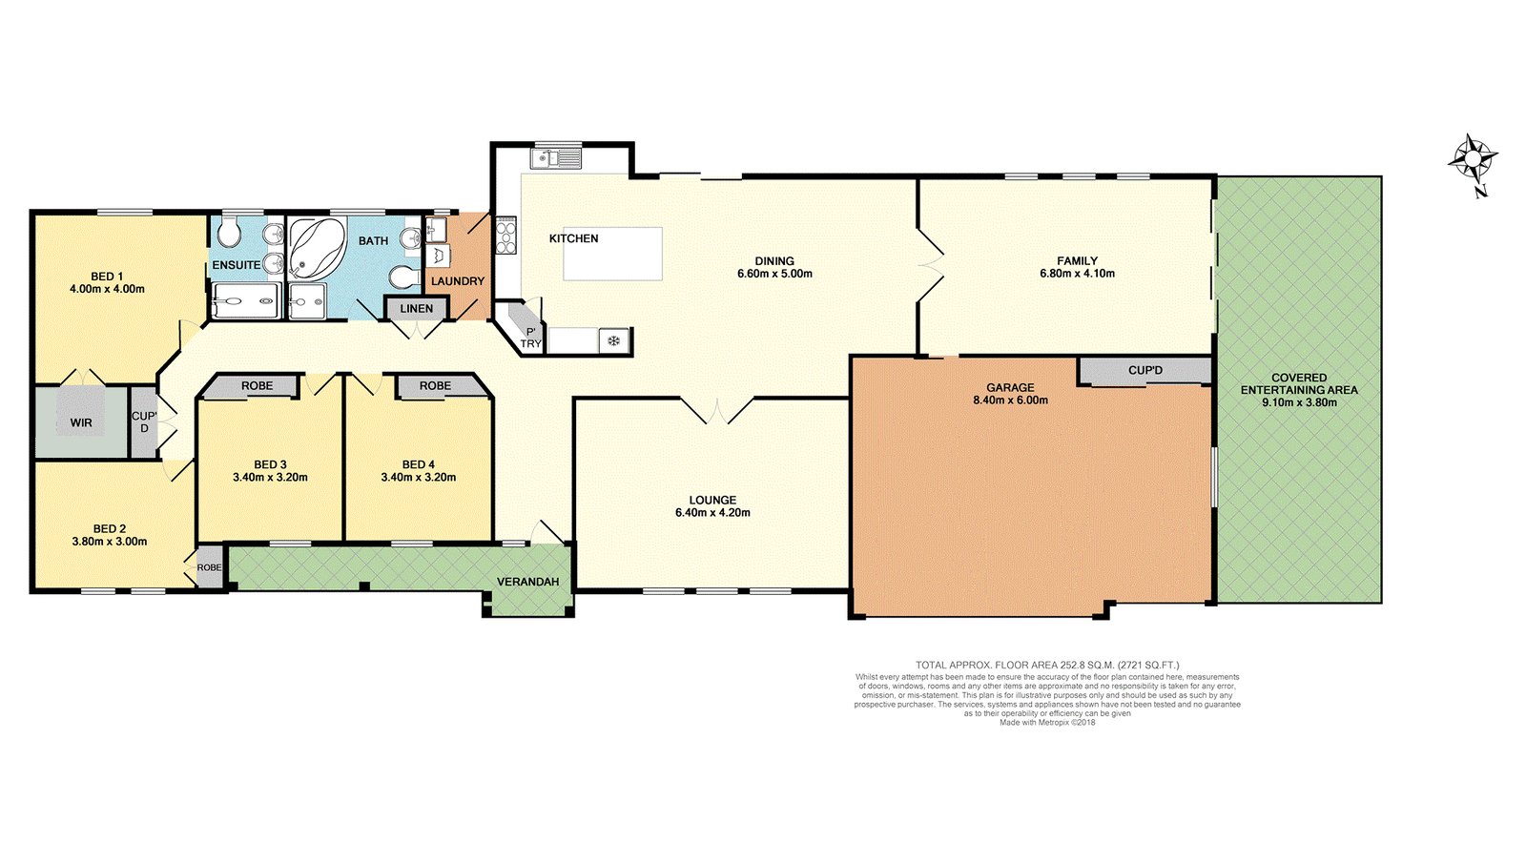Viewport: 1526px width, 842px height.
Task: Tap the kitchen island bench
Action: click(612, 254)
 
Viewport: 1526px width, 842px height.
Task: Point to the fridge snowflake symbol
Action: click(614, 340)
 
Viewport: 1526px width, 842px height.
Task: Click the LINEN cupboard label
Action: click(416, 309)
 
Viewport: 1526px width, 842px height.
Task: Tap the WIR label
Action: click(81, 422)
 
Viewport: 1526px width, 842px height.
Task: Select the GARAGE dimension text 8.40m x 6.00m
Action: click(1010, 400)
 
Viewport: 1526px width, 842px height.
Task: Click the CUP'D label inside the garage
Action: click(1145, 371)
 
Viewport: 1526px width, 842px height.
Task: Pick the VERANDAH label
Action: click(527, 582)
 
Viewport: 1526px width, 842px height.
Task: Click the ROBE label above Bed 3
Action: click(257, 386)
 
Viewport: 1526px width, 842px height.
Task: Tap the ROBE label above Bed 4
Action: click(435, 386)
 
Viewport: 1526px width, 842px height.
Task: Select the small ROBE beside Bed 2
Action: click(209, 567)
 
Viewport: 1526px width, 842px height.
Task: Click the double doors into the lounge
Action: click(717, 412)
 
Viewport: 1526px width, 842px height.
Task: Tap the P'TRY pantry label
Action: click(530, 338)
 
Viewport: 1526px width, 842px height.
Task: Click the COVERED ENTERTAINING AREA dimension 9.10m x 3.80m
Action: click(1298, 402)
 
